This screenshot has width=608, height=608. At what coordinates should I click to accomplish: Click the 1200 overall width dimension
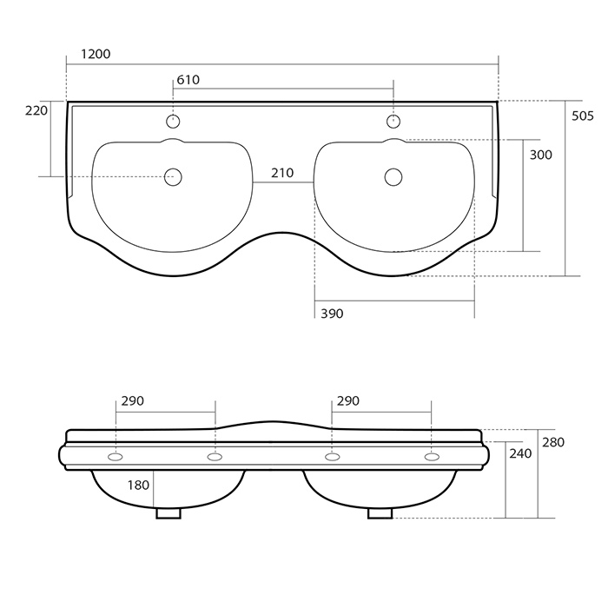pos(96,54)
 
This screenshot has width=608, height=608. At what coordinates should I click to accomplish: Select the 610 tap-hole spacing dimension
pos(188,80)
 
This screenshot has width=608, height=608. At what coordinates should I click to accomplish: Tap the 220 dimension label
pos(36,110)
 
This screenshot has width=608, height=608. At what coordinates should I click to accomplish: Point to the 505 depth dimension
pos(583,116)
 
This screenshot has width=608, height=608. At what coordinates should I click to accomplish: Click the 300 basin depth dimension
pos(540,155)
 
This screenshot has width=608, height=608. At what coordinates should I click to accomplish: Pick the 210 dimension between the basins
pos(282,173)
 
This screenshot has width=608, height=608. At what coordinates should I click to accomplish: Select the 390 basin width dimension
pos(332,314)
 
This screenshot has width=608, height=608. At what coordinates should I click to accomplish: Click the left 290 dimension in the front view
pos(133,401)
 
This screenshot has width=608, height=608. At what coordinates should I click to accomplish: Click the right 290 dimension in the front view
pos(348,401)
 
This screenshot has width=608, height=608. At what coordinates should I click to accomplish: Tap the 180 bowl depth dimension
pos(138,485)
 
